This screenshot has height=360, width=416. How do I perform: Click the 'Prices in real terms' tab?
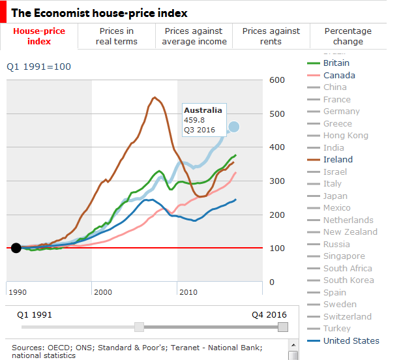coord(117,36)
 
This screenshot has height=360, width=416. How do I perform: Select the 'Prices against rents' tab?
coord(271,36)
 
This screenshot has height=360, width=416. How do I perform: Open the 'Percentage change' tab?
coord(348,36)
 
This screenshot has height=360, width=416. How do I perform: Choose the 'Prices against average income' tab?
coord(194,36)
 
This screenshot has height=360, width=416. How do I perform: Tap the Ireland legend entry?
coord(338,159)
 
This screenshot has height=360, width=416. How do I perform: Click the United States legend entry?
coord(351,340)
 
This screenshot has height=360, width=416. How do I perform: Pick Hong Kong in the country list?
coord(346,136)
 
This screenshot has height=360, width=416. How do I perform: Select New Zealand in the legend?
coord(350,232)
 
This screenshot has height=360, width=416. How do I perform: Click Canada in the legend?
coord(339,76)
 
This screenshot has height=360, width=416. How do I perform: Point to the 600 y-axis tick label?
coord(277,80)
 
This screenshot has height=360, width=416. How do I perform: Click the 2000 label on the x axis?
coord(103,292)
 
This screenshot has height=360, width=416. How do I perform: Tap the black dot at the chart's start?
coord(16,248)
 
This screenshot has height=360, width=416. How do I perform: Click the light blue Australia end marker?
coord(233,127)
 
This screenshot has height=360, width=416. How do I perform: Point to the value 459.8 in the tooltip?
coord(194,120)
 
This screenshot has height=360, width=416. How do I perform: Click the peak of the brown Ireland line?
coord(155,97)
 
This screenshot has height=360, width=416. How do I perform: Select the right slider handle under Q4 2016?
coord(283,327)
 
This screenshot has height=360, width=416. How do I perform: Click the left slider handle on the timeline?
coord(139,327)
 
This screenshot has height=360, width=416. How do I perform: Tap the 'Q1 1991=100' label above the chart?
coord(38,67)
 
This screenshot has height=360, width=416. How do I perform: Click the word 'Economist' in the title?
coord(62,13)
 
